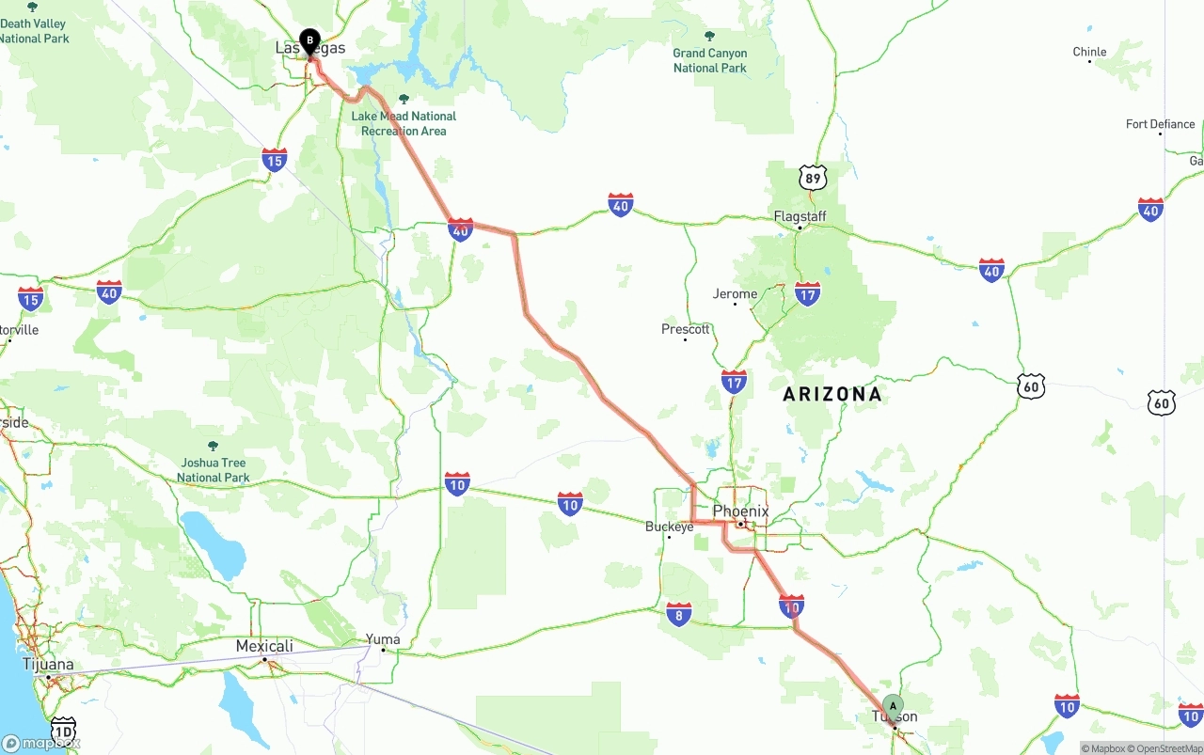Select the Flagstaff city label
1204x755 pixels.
[800, 216]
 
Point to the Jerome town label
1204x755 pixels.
[735, 293]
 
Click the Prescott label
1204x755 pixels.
[686, 329]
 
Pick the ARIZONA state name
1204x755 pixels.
[832, 394]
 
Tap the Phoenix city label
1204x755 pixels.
[740, 511]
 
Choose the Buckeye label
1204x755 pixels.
[669, 527]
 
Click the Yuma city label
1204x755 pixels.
[383, 639]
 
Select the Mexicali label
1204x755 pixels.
[264, 646]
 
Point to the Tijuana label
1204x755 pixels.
[48, 665]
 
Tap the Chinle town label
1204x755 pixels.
[1089, 52]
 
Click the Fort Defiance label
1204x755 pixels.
[1160, 124]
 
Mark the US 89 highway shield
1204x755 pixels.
[814, 177]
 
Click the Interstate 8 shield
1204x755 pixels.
[678, 615]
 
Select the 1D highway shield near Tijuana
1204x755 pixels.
[63, 731]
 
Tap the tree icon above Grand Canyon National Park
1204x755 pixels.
[709, 37]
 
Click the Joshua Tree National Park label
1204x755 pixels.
[214, 470]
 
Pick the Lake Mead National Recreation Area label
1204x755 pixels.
[404, 123]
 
